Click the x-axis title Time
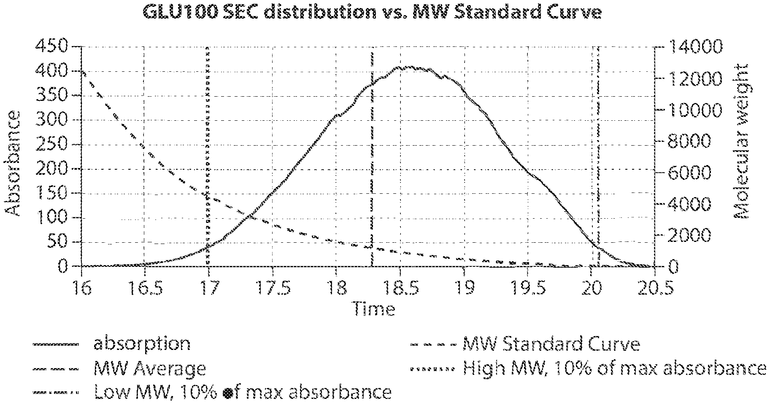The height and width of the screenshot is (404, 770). pos(374,309)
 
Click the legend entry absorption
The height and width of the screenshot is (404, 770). pos(142,344)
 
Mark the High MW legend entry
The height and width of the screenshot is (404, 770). pos(614,369)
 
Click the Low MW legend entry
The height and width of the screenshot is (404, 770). pos(243,393)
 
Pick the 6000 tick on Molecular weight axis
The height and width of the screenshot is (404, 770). pos(689,172)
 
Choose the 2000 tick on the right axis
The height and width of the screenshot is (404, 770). pos(689,235)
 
